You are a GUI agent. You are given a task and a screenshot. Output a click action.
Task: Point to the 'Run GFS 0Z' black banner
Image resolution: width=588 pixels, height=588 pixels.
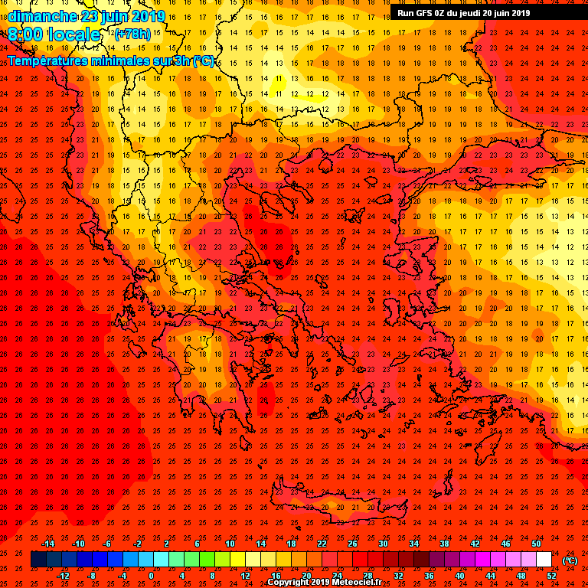(463, 12)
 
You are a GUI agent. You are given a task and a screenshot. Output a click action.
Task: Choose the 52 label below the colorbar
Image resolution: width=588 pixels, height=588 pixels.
(551, 576)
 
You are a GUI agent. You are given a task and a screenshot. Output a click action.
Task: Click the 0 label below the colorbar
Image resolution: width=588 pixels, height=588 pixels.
(151, 576)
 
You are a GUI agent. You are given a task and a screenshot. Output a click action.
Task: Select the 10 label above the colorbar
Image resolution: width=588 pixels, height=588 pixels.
(229, 544)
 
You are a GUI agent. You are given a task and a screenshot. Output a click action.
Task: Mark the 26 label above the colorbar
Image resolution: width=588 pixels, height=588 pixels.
(352, 544)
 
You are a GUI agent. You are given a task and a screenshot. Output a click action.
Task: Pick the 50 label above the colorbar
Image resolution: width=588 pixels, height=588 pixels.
(536, 544)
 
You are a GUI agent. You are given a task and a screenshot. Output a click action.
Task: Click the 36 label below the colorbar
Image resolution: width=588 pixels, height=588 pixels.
(429, 576)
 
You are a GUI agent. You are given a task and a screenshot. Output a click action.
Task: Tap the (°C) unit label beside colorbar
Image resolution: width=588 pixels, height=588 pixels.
(570, 560)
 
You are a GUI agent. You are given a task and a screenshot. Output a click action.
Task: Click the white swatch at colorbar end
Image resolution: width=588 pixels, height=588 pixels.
(544, 560)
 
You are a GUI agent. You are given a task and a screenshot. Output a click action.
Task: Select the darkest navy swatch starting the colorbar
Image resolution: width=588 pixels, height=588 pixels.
(39, 560)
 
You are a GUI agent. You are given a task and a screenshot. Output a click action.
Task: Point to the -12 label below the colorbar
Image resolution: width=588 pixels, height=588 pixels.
(63, 576)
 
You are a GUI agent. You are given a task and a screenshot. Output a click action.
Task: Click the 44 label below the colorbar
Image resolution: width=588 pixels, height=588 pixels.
(490, 576)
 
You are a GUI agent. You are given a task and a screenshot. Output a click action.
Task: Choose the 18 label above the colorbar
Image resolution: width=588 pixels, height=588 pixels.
(291, 544)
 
